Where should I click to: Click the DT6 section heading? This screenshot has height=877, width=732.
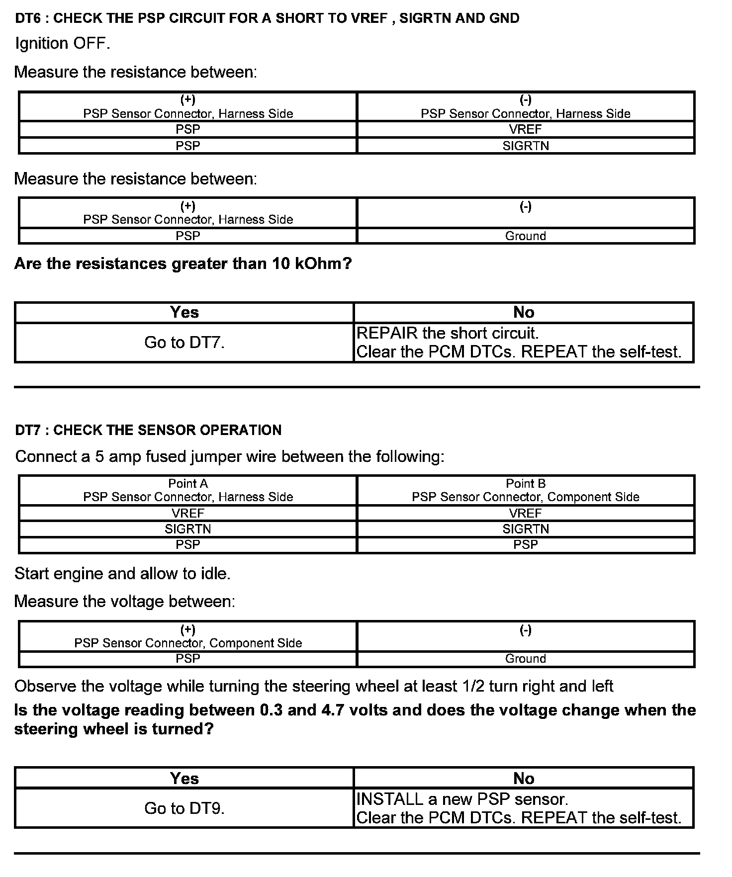click(267, 18)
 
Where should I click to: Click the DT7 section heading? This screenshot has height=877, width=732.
click(148, 430)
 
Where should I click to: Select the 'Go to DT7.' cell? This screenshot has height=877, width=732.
click(184, 343)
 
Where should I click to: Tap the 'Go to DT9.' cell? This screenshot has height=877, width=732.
click(184, 808)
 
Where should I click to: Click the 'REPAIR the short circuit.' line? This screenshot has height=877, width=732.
click(448, 333)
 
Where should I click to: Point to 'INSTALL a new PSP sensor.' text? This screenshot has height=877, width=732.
click(462, 799)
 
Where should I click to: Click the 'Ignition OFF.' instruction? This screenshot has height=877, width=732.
click(63, 44)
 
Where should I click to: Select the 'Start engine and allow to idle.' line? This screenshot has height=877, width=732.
click(122, 574)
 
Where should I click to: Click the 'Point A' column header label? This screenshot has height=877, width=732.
click(188, 483)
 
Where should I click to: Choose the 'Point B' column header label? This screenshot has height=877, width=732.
click(526, 483)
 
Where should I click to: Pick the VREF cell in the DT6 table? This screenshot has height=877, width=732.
click(526, 130)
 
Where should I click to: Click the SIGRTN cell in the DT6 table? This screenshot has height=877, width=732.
click(526, 146)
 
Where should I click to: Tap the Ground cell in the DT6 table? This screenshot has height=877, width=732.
click(526, 236)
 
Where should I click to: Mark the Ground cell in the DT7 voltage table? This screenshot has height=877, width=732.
click(526, 659)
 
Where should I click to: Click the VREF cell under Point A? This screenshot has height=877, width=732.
click(188, 513)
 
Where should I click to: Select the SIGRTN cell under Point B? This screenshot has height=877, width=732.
click(526, 529)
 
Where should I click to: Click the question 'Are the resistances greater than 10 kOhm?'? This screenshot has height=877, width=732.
click(183, 263)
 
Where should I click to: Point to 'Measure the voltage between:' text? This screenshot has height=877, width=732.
click(124, 602)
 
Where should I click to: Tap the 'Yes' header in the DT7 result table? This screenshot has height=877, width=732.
click(184, 778)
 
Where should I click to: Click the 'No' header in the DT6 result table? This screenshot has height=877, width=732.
click(524, 312)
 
